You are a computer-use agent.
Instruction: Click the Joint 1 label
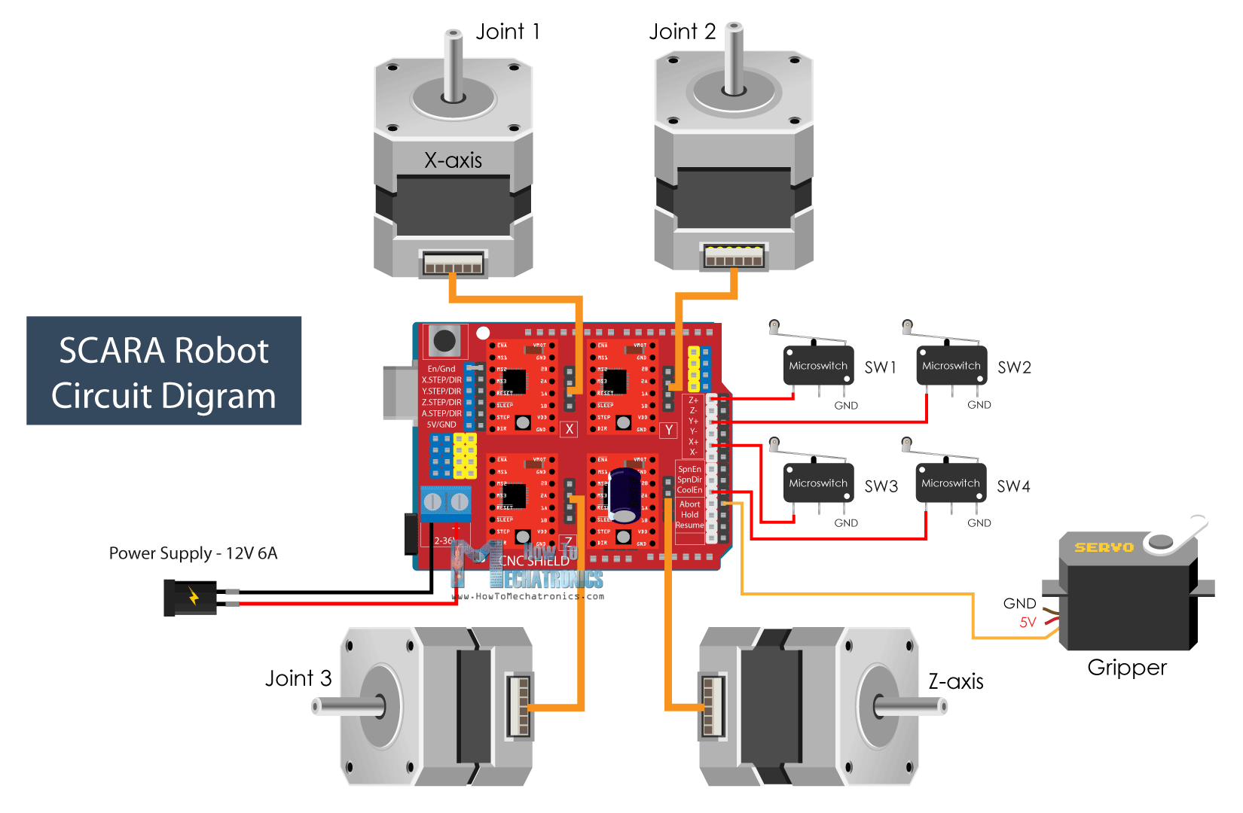point(507,32)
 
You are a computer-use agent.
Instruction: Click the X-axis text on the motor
point(453,160)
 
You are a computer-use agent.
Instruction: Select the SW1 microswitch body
point(818,366)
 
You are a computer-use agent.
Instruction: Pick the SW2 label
point(1014,367)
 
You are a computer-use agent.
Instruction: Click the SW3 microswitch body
point(818,483)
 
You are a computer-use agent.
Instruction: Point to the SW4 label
point(1013,486)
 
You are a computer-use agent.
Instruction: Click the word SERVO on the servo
point(1104,547)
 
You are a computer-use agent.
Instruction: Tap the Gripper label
point(1127,668)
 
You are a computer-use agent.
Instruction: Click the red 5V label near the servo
point(1028,623)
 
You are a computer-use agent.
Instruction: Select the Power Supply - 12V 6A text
point(193,553)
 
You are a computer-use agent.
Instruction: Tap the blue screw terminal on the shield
point(445,503)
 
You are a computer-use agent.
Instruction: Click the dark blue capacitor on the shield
point(625,495)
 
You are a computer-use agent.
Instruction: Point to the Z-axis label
point(955,682)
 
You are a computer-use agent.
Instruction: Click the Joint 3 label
point(298,678)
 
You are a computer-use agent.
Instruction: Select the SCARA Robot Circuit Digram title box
point(163,371)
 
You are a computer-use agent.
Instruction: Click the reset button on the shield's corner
point(444,341)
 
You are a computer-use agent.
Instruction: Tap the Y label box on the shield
point(668,430)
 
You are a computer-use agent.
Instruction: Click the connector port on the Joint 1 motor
point(453,263)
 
